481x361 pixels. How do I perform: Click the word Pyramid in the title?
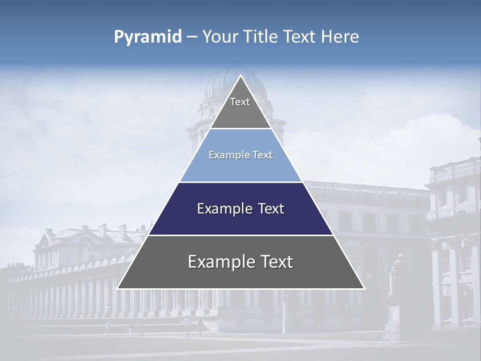(x=148, y=37)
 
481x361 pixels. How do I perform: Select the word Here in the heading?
(x=340, y=37)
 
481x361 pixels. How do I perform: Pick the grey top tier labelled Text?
(x=241, y=108)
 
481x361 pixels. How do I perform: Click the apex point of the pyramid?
(x=241, y=76)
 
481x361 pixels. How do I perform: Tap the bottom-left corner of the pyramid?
(x=118, y=288)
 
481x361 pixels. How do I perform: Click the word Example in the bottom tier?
(x=218, y=262)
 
